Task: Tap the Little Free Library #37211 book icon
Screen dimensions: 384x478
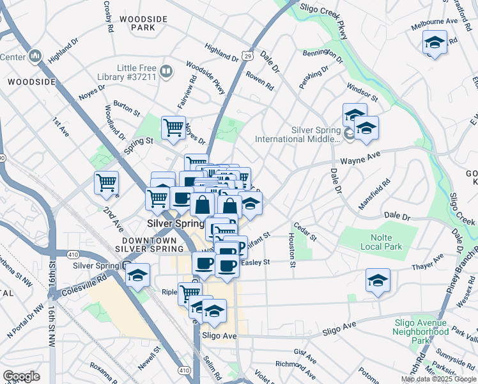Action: pyautogui.click(x=166, y=71)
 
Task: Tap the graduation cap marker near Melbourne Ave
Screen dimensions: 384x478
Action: pyautogui.click(x=435, y=43)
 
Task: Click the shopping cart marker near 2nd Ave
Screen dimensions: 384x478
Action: pyautogui.click(x=106, y=182)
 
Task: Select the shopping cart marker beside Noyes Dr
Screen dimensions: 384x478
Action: pyautogui.click(x=173, y=127)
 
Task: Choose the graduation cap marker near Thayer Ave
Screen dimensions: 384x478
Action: pyautogui.click(x=378, y=280)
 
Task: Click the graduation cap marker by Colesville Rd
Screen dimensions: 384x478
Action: pyautogui.click(x=137, y=275)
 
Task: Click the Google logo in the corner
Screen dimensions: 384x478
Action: pyautogui.click(x=21, y=376)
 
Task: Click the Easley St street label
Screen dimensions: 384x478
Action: pyautogui.click(x=256, y=262)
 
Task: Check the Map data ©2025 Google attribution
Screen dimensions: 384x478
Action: pyautogui.click(x=438, y=379)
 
